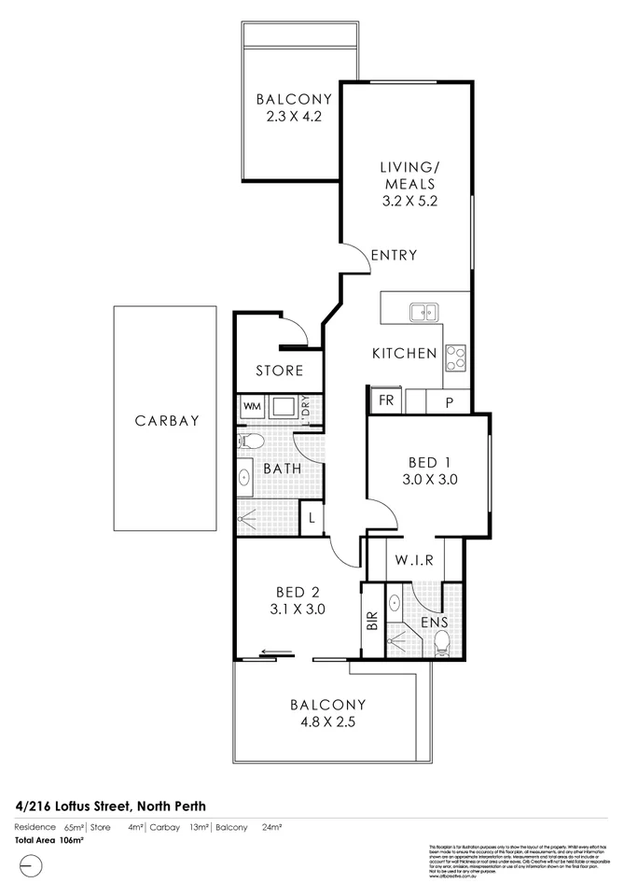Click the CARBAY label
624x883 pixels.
[x=167, y=421]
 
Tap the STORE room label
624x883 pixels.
[x=280, y=371]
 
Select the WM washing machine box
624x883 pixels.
[x=252, y=407]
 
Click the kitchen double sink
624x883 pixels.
[x=424, y=312]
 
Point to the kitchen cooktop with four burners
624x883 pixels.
[x=457, y=356]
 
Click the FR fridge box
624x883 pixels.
[x=384, y=400]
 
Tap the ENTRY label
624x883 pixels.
[x=393, y=255]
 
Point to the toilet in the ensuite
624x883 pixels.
[x=442, y=641]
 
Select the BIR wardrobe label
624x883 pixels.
[x=372, y=621]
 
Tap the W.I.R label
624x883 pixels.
[x=412, y=562]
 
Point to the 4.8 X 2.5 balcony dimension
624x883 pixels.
[x=327, y=722]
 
